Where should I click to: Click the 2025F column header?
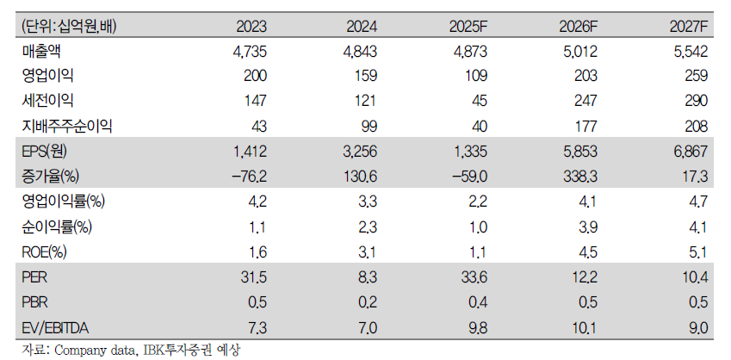(468, 27)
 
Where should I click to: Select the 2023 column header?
(251, 27)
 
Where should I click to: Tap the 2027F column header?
(689, 27)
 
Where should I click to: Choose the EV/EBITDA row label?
(55, 328)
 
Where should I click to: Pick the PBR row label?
(34, 302)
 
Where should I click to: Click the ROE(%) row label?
(44, 252)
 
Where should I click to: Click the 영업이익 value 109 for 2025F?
(475, 76)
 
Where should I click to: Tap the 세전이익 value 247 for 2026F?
(585, 101)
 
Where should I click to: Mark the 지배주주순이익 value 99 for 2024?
(369, 127)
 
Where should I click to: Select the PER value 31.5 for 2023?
(254, 277)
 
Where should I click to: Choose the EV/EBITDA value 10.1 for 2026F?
(584, 328)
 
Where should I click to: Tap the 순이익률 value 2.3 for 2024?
(368, 227)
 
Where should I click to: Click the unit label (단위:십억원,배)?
(69, 27)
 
